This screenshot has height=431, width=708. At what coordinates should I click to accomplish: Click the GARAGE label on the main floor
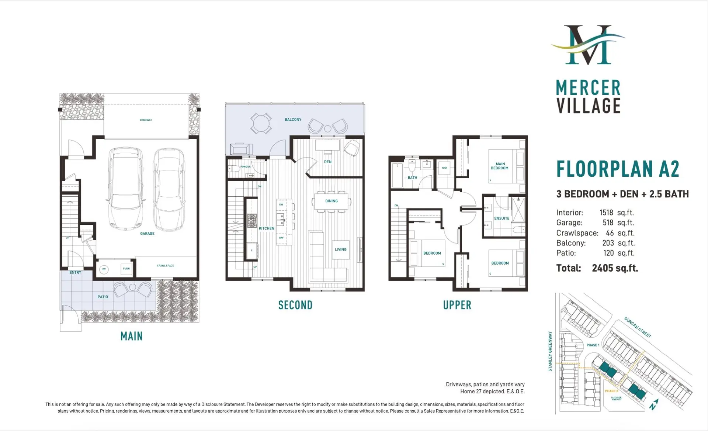click(x=147, y=234)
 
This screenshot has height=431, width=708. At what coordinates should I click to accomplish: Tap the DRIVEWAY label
click(x=146, y=120)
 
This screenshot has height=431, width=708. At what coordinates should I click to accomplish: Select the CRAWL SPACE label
click(x=165, y=266)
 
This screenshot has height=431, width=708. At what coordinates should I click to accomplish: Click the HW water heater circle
click(x=104, y=269)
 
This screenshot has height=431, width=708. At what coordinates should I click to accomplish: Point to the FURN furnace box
click(x=126, y=269)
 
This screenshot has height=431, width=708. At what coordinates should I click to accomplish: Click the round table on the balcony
click(x=261, y=124)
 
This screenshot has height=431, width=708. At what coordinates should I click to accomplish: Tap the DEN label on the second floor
click(x=328, y=162)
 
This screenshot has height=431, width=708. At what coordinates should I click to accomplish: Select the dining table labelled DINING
click(x=331, y=201)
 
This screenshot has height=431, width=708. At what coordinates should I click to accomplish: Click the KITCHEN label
click(x=266, y=228)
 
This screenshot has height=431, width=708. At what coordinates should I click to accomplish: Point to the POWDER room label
click(x=245, y=166)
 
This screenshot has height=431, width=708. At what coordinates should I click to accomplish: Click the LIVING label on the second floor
click(x=340, y=249)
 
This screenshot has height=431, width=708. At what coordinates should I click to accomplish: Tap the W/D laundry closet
click(x=444, y=168)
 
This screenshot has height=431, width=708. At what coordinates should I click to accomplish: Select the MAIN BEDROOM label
click(x=500, y=166)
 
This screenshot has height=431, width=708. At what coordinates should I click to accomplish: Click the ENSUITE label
click(x=502, y=218)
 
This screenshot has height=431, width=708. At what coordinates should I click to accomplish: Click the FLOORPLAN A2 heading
click(x=618, y=169)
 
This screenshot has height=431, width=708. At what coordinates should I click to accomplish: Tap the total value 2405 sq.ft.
click(x=615, y=268)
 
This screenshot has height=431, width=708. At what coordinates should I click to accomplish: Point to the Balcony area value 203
click(x=608, y=243)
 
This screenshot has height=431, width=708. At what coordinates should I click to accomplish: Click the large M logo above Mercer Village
click(x=588, y=45)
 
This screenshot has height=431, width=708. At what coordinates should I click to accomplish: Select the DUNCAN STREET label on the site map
click(x=638, y=327)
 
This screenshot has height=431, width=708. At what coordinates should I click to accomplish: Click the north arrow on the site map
click(x=654, y=404)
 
